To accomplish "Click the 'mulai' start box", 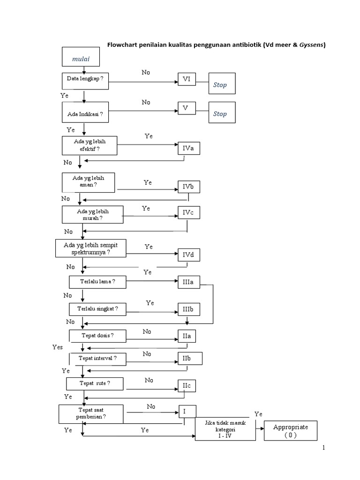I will [x=81, y=59].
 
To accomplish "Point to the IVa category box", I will [x=188, y=149].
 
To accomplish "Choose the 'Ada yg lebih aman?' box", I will [x=89, y=182].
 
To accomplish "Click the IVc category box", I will [x=188, y=213].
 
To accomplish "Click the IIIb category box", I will [x=188, y=310].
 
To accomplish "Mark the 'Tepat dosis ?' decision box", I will [x=97, y=336].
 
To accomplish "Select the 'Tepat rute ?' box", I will [x=95, y=383].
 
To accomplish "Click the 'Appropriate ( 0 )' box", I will [x=290, y=430].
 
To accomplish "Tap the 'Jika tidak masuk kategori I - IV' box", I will [x=225, y=429].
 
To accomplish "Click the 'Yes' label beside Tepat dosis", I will [x=58, y=347].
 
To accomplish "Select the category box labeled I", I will [x=187, y=411].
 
